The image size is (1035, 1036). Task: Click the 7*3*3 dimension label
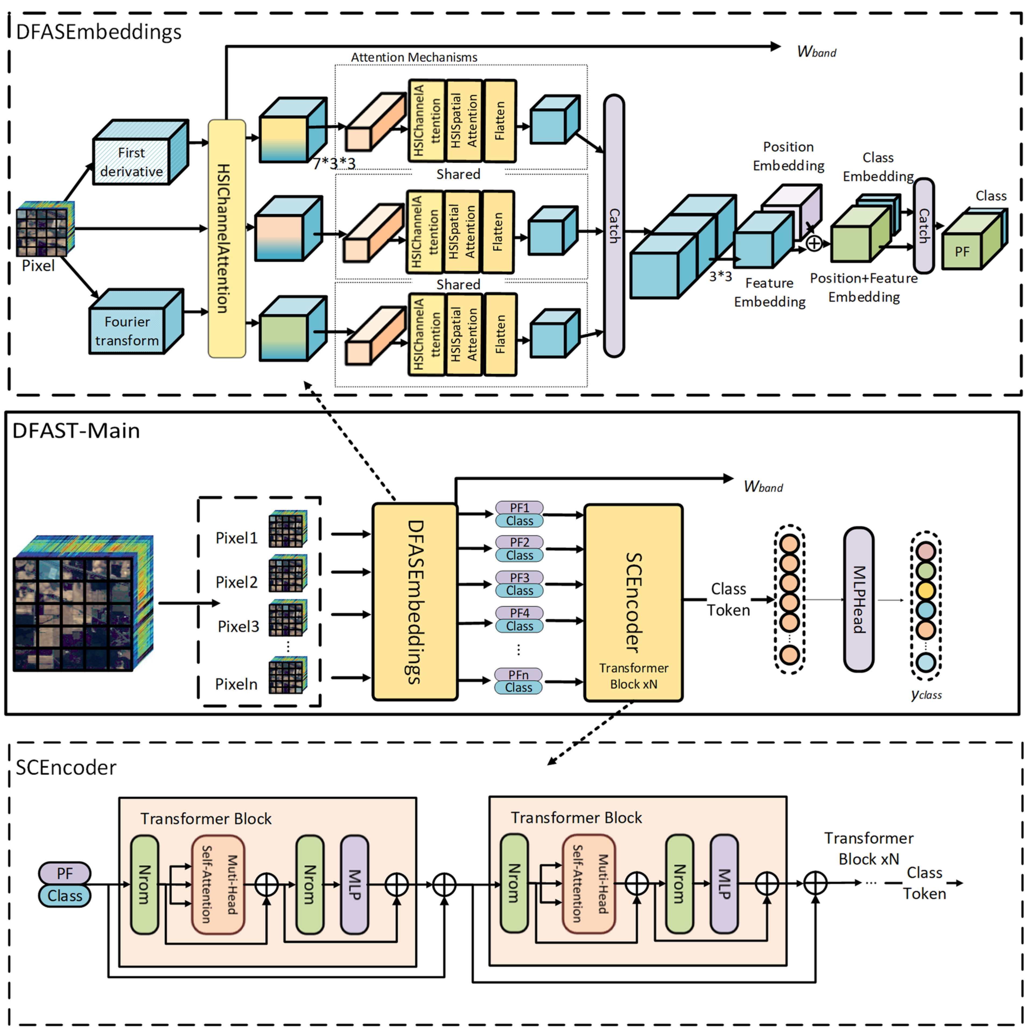tap(334, 163)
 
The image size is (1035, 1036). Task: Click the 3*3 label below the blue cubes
tap(720, 276)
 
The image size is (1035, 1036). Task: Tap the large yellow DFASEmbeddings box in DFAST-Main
tap(415, 602)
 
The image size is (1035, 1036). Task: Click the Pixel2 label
tap(236, 582)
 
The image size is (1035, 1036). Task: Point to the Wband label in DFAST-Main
tap(763, 487)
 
